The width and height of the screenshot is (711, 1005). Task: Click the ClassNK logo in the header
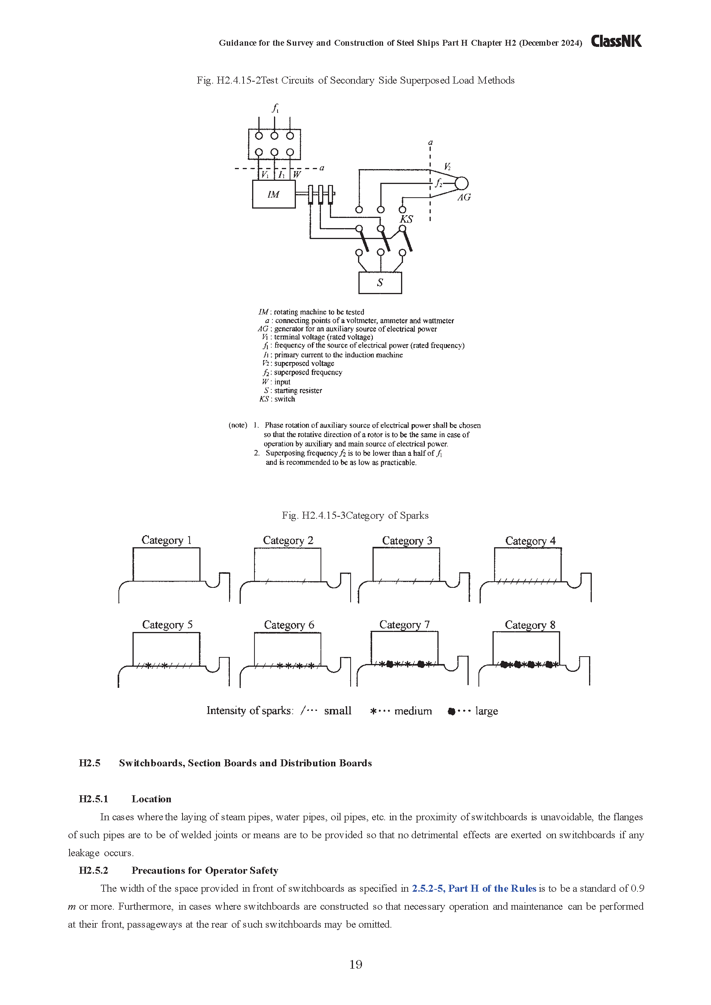616,41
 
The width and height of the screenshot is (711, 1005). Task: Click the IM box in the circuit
273,195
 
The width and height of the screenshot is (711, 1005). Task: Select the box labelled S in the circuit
380,283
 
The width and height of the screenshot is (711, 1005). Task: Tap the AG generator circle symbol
461,184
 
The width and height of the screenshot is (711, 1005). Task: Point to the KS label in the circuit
406,219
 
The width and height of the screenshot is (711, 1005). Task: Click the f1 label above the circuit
275,108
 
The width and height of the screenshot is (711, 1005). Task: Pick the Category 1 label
167,540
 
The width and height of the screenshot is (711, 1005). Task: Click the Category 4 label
530,541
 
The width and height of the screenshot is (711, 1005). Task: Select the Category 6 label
289,625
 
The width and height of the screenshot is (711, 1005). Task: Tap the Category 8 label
530,625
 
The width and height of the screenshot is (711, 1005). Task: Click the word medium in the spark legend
413,711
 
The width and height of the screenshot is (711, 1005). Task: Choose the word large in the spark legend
486,711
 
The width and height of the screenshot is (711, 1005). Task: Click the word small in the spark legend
337,711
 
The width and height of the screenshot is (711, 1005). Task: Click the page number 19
356,965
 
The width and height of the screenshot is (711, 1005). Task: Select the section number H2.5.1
93,799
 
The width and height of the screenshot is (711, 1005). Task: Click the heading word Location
151,799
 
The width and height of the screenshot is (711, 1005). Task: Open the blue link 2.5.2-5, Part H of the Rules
474,889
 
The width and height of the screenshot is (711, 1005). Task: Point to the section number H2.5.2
93,870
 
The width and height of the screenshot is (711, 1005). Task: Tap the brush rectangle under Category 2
287,565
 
